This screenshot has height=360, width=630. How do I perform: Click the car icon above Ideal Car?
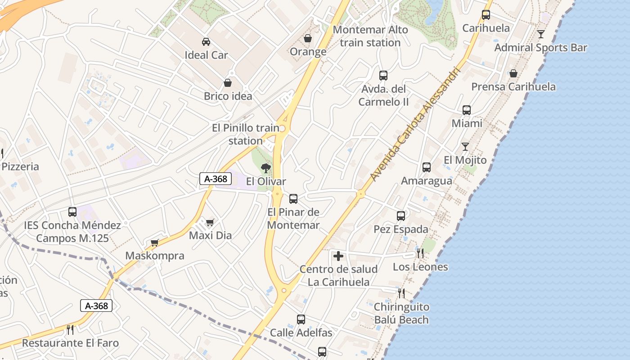[x=206, y=42]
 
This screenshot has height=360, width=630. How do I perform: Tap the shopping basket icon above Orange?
[x=308, y=39]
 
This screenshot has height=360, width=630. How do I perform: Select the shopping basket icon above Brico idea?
[x=228, y=83]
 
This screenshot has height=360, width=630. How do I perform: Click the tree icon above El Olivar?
[x=266, y=169]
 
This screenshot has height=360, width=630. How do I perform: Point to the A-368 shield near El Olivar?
[x=216, y=179]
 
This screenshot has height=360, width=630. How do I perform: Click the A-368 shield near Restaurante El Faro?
[x=96, y=306]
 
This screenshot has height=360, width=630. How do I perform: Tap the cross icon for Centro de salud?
[x=338, y=256]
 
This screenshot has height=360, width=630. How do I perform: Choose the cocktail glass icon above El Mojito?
[x=465, y=147]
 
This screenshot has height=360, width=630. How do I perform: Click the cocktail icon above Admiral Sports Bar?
[x=541, y=34]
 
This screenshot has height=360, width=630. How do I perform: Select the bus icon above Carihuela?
[x=486, y=15]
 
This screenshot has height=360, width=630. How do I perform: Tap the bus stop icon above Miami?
[x=467, y=110]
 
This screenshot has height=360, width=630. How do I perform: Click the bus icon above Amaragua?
[x=427, y=167]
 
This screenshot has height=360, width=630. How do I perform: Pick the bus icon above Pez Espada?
[x=401, y=216]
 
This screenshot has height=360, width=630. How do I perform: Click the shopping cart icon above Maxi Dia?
[x=210, y=222]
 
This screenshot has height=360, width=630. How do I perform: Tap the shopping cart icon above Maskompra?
[x=155, y=243]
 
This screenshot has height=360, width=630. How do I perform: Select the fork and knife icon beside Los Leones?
[x=420, y=253]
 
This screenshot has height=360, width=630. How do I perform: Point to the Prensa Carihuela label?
[x=513, y=86]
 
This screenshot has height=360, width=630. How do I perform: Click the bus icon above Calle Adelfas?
[x=301, y=319]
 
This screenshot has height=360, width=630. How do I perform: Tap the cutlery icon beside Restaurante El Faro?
[x=70, y=330]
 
